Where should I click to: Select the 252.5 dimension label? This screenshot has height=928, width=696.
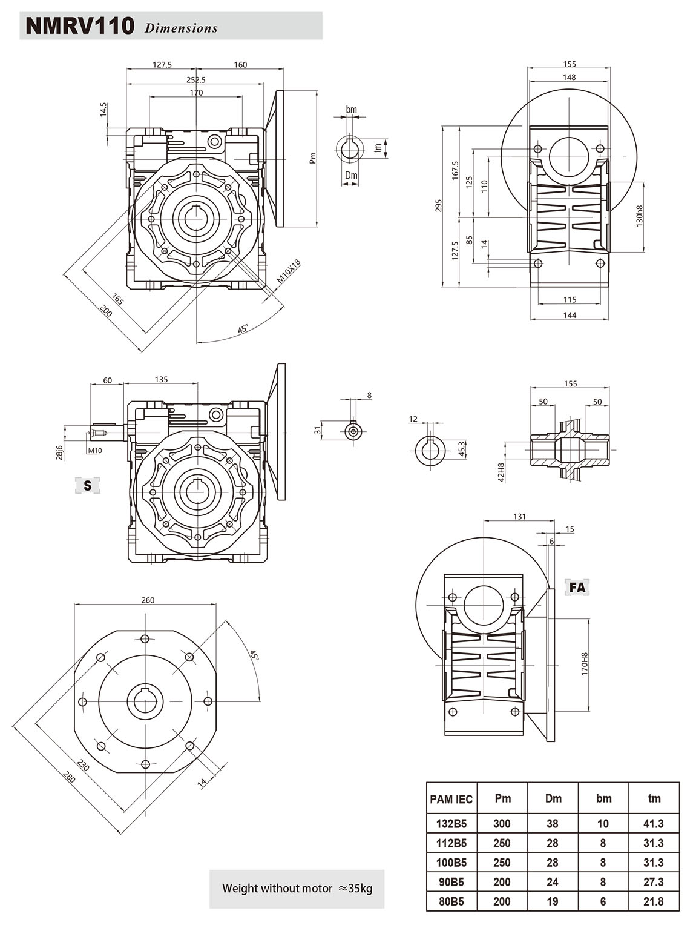click(x=197, y=79)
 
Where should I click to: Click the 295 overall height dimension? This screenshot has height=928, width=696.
click(x=439, y=206)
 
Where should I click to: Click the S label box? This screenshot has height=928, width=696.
click(x=88, y=485)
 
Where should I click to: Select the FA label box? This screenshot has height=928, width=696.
click(x=577, y=587)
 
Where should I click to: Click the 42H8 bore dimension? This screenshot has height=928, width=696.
click(x=501, y=473)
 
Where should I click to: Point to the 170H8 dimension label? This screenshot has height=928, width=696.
click(x=584, y=664)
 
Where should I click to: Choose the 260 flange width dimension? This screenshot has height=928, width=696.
click(x=148, y=600)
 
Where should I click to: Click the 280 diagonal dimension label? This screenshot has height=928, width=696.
click(x=69, y=777)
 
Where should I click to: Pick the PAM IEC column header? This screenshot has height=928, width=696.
click(x=451, y=799)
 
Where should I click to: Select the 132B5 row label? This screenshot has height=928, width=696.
click(x=451, y=824)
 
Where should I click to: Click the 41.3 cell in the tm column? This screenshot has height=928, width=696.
click(x=654, y=824)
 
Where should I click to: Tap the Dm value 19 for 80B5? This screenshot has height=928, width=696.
click(x=553, y=901)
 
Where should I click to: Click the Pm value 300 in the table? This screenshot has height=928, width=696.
click(x=502, y=824)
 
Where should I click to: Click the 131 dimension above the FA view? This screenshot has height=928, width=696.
click(x=519, y=517)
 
